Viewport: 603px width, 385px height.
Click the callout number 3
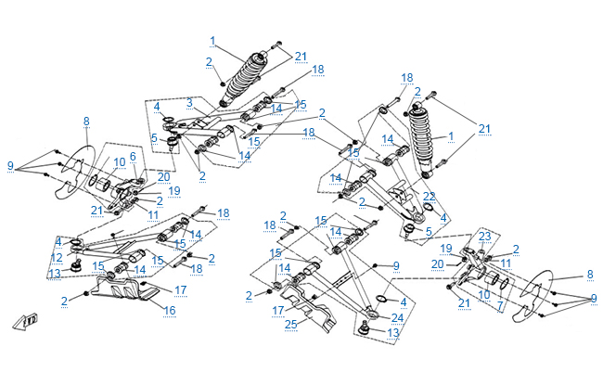188,102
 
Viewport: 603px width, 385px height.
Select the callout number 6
133,157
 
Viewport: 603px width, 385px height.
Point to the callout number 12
58,257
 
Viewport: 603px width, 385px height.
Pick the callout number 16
170,310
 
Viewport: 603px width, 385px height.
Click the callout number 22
429,197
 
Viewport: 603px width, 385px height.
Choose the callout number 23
484,237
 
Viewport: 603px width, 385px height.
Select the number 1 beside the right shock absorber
451,136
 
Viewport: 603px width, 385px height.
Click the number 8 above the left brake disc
86,122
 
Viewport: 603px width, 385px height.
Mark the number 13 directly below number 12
57,274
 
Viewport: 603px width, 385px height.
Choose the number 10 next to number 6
120,162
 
